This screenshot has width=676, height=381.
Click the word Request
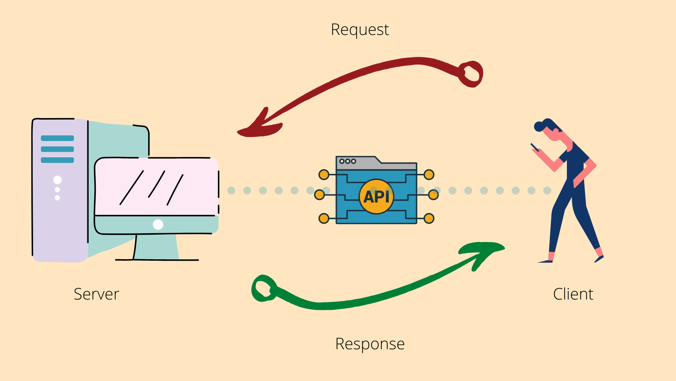click(x=360, y=30)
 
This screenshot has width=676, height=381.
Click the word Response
click(x=370, y=344)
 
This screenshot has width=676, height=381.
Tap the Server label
click(x=96, y=294)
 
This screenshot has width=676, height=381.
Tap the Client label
click(x=573, y=294)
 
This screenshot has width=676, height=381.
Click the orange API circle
click(x=376, y=196)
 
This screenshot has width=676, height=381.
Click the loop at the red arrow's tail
click(x=471, y=74)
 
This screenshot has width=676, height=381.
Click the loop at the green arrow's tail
click(x=263, y=288)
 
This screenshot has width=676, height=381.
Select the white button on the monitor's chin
click(x=158, y=224)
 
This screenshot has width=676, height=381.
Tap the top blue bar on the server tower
click(x=57, y=138)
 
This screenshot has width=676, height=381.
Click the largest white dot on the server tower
click(x=57, y=180)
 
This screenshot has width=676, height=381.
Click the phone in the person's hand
click(x=534, y=147)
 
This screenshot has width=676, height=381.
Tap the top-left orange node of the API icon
click(x=324, y=175)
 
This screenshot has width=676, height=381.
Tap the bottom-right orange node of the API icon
click(x=429, y=218)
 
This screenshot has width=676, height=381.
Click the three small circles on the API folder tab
click(x=348, y=161)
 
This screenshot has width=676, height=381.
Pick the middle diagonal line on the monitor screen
click(x=157, y=184)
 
